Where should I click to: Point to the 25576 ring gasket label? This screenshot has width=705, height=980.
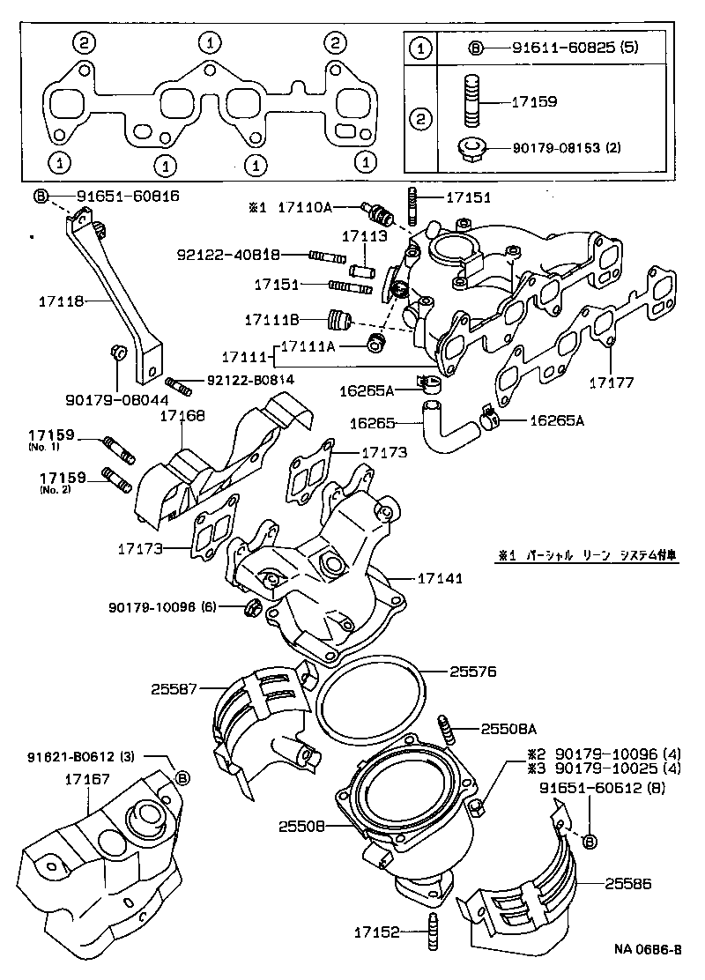tap(473, 672)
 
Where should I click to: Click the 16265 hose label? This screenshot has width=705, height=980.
tap(375, 422)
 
